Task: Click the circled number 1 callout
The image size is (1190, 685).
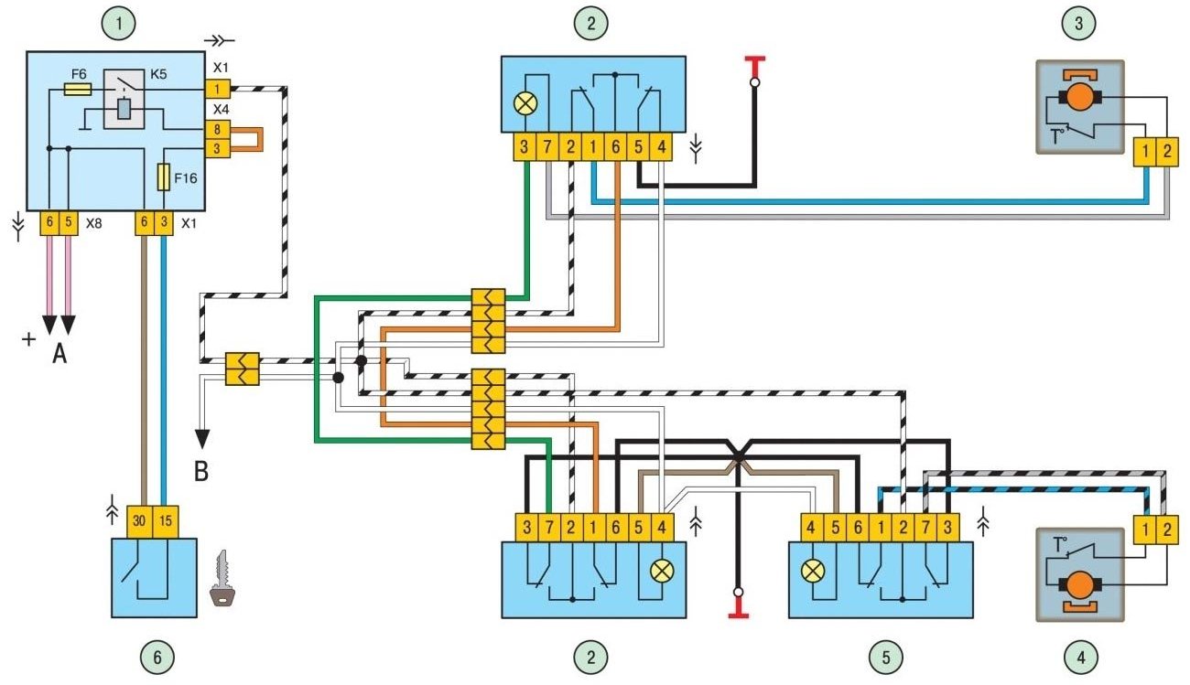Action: (x=118, y=24)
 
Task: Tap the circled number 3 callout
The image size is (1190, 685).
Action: (x=1078, y=24)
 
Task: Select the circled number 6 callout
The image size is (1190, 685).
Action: (x=157, y=658)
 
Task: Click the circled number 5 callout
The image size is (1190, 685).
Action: (x=885, y=658)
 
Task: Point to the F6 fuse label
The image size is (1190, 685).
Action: (x=79, y=74)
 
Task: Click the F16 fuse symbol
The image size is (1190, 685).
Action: (x=164, y=177)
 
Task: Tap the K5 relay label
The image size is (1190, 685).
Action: (x=158, y=74)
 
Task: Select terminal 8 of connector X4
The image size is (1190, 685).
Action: (x=217, y=129)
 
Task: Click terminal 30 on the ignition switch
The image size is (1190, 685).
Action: (x=140, y=521)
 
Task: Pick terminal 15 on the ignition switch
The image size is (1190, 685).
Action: (x=165, y=521)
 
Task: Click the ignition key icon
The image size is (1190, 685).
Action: (x=223, y=578)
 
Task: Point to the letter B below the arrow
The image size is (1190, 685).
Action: (x=201, y=471)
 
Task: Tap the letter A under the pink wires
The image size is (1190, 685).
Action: (x=59, y=353)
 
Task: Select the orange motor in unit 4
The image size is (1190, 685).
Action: (x=1080, y=585)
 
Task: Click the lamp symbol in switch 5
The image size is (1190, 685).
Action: (x=812, y=572)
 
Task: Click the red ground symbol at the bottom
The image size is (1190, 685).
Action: (x=739, y=608)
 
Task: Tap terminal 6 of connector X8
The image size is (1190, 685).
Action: (x=49, y=222)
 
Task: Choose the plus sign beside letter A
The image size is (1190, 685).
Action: (x=28, y=339)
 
